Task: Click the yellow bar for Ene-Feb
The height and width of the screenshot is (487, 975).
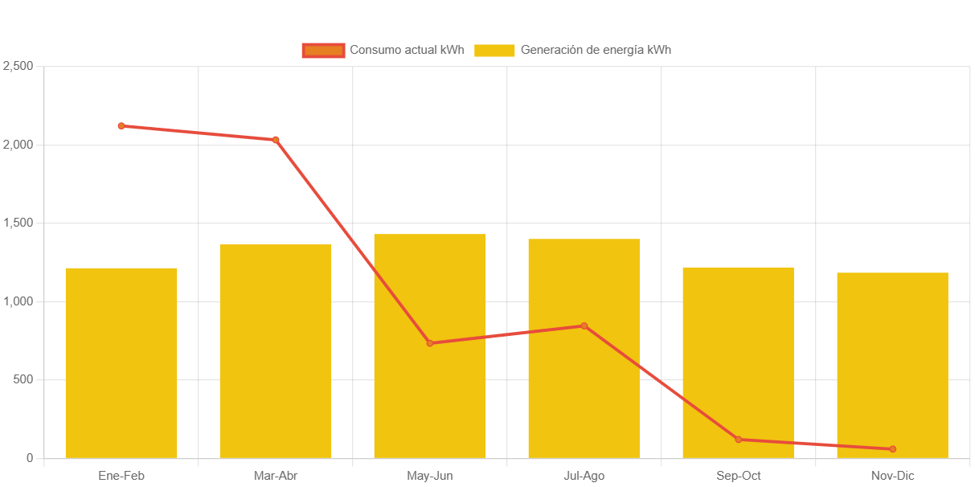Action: click(x=121, y=362)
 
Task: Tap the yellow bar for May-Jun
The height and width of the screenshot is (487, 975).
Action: click(x=430, y=402)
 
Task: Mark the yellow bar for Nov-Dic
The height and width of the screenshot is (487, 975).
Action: click(x=892, y=362)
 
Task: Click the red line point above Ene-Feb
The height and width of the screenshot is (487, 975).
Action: click(x=121, y=126)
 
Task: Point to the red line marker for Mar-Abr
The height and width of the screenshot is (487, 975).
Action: click(x=276, y=140)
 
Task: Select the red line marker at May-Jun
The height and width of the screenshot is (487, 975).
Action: click(x=430, y=343)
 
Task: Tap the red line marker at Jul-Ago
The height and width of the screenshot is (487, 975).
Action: click(x=584, y=325)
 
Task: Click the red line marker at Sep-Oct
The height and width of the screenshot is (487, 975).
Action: click(x=739, y=440)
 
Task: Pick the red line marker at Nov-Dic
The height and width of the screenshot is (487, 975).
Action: click(x=892, y=449)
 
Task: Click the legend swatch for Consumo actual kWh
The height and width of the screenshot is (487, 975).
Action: click(x=323, y=50)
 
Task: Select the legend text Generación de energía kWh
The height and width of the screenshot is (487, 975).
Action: click(x=596, y=50)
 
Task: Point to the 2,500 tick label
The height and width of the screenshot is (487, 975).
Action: click(x=18, y=66)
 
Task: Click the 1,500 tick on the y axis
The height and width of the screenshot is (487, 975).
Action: click(x=18, y=223)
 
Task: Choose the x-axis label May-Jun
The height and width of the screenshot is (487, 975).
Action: click(x=430, y=476)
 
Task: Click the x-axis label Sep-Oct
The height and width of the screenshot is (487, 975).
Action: click(x=739, y=476)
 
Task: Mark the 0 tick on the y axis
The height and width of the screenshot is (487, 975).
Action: click(x=30, y=458)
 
